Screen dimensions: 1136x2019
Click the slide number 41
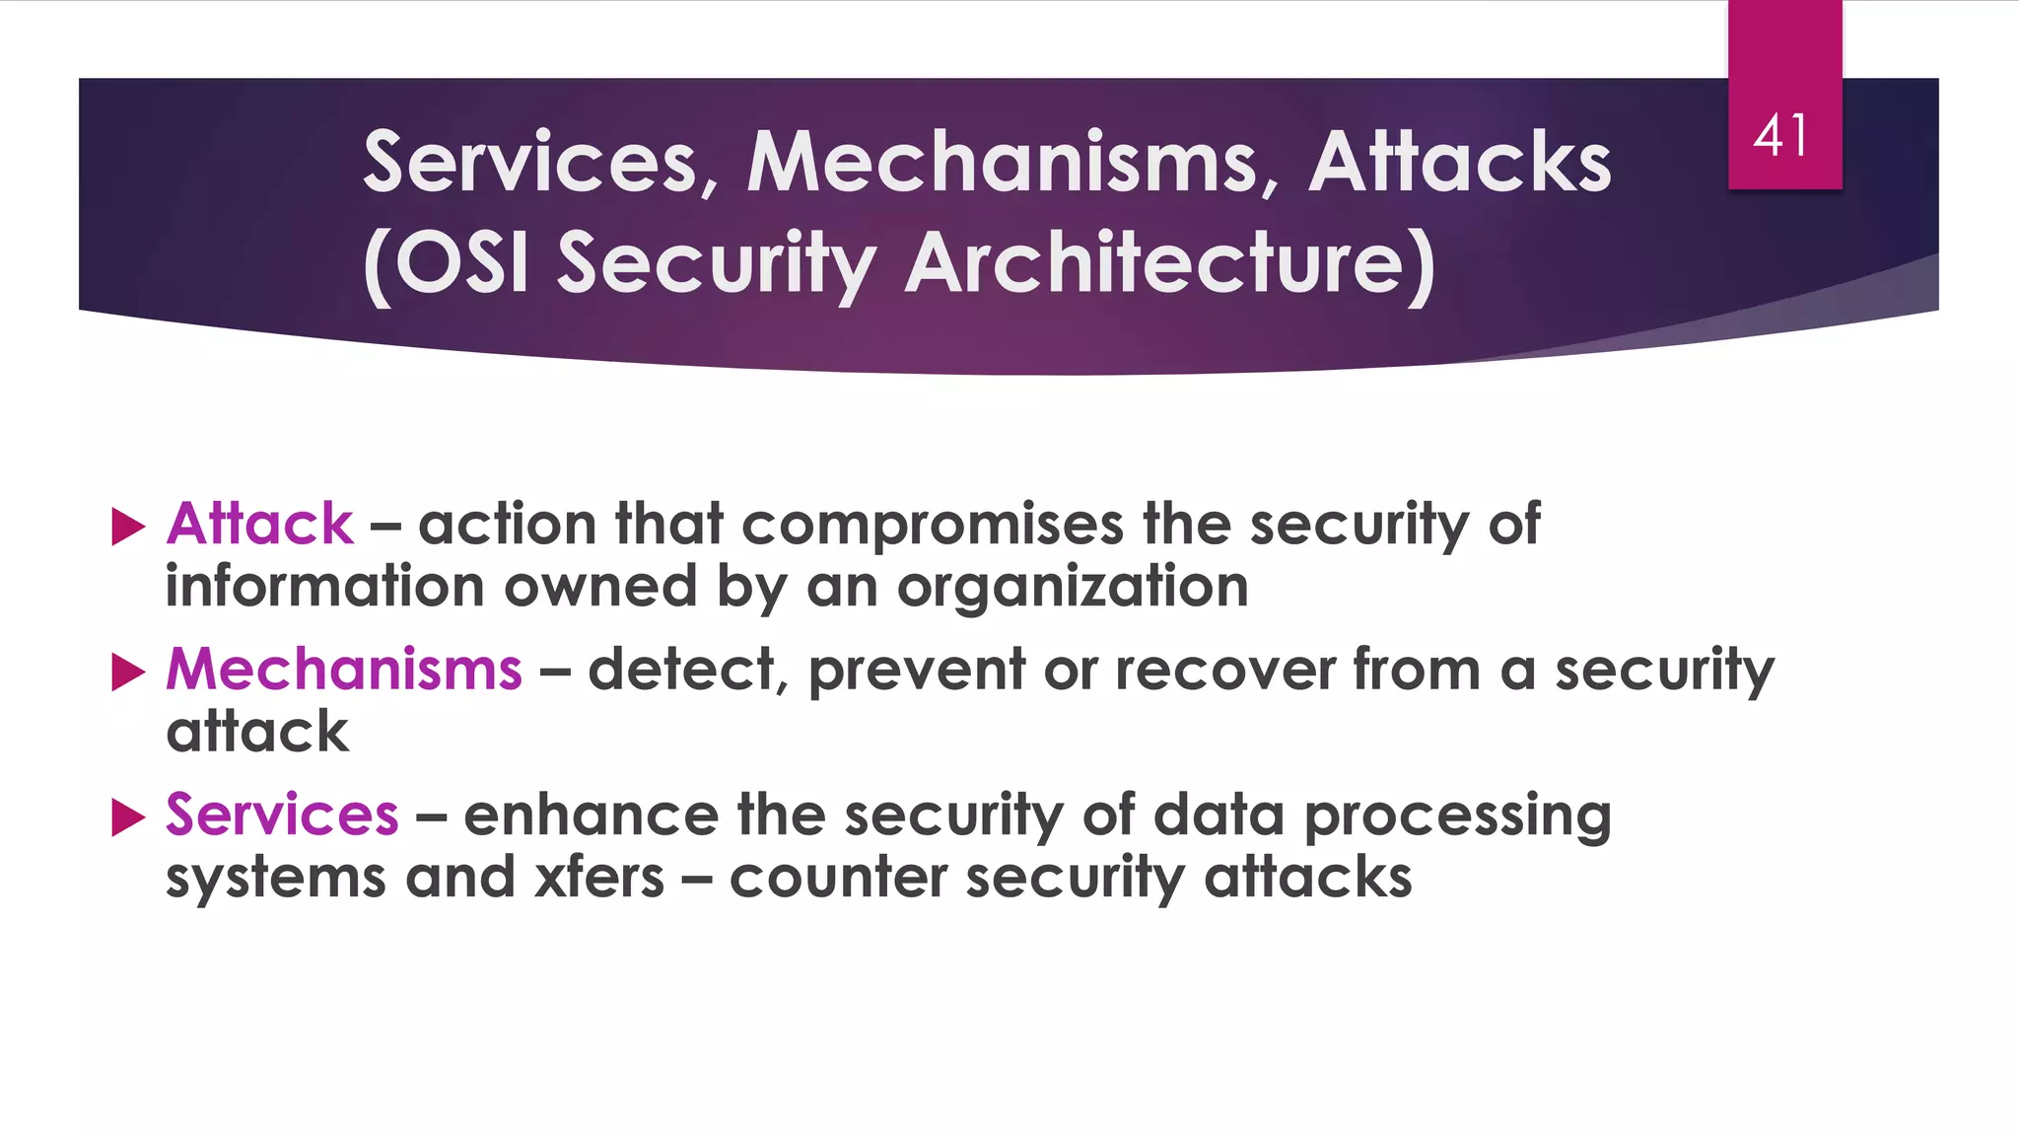[1781, 135]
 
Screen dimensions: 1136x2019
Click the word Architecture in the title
[1168, 263]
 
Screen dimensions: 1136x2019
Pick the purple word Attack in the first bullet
[259, 524]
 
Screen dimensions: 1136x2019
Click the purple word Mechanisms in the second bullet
[343, 670]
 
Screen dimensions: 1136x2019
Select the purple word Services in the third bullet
[282, 816]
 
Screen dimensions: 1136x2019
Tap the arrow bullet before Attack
[128, 527]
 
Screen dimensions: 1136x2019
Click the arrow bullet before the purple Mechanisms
[128, 673]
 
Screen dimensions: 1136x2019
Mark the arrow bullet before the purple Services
[128, 817]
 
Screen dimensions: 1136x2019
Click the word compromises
[932, 526]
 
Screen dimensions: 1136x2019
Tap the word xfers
[598, 878]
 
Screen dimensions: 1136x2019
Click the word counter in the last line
[838, 878]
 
